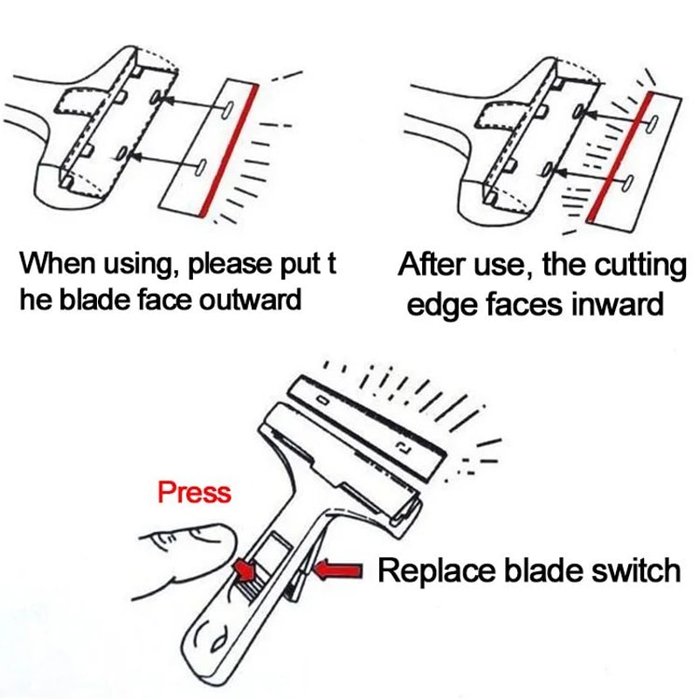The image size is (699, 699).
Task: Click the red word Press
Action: (194, 492)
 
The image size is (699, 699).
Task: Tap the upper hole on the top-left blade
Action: (225, 107)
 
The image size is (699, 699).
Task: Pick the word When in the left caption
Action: (54, 262)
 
